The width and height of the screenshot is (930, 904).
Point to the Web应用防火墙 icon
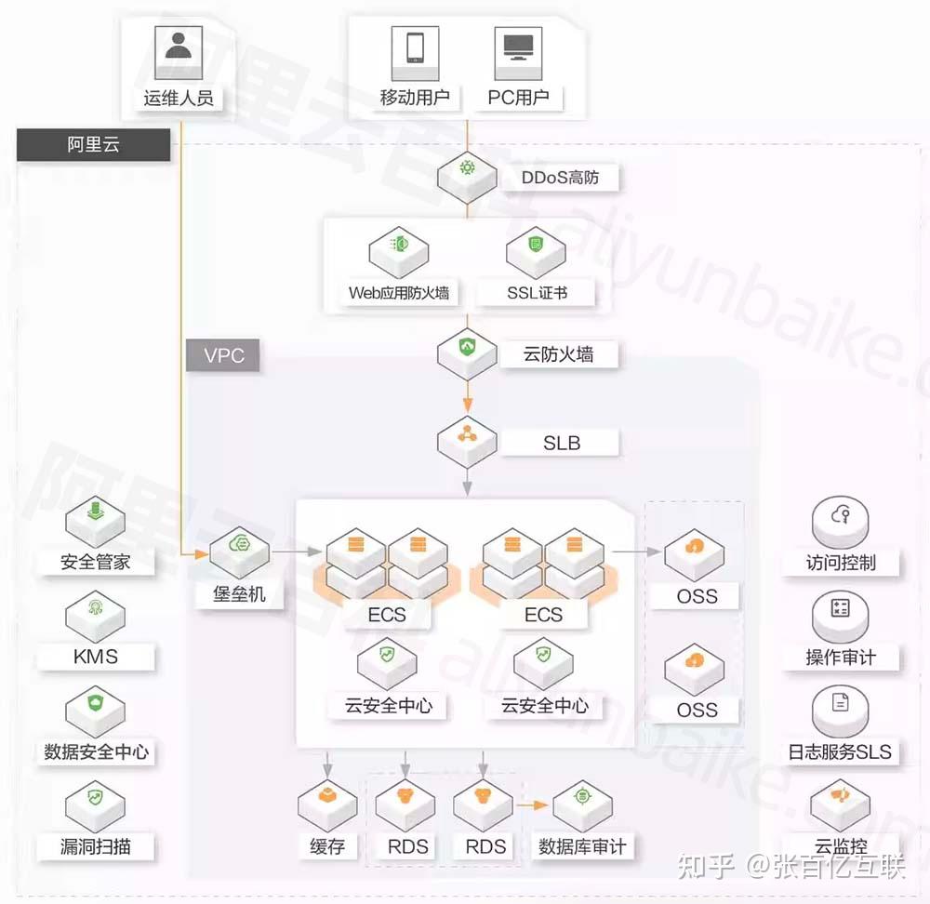(x=398, y=247)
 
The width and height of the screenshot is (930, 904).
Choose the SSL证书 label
(x=537, y=293)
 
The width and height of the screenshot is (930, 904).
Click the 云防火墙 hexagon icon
(x=467, y=349)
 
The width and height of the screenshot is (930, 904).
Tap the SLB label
(x=562, y=443)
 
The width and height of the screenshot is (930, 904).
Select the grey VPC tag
(x=223, y=356)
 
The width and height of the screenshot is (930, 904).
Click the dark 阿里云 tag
(x=93, y=146)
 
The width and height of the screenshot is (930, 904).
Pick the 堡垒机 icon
(x=239, y=548)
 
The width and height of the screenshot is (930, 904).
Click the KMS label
(x=96, y=657)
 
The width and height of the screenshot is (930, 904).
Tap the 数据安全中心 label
(x=96, y=751)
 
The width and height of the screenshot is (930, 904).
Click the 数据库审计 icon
(x=582, y=802)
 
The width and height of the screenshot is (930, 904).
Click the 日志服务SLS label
(x=840, y=751)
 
